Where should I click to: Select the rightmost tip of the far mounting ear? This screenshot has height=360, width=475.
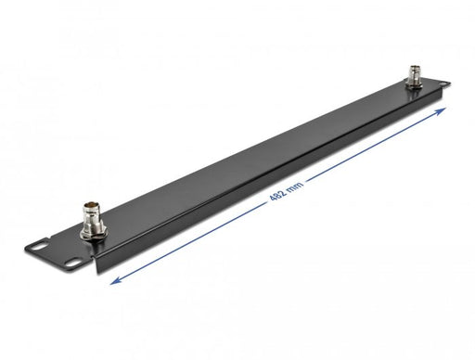point(454,90)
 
